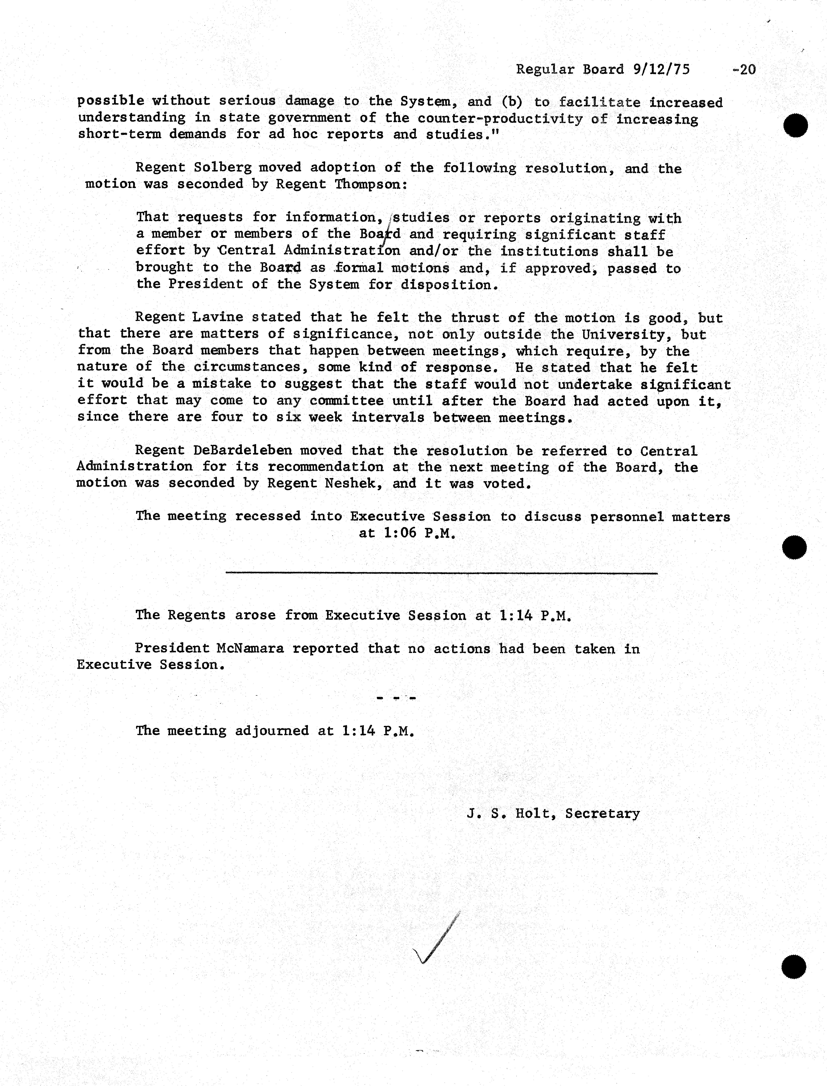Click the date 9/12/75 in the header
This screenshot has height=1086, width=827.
661,69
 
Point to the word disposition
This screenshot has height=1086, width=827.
446,285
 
